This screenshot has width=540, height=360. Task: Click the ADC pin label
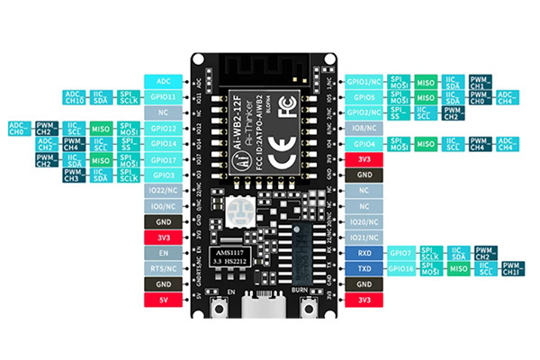[x=164, y=79]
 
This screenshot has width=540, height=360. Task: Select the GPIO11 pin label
[x=164, y=96]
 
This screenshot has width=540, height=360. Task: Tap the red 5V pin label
[x=164, y=299]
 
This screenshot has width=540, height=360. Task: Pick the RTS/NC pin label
[x=164, y=269]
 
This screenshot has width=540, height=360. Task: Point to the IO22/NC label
[x=164, y=191]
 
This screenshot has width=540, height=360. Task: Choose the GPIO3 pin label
[x=164, y=175]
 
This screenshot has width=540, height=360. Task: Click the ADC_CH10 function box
[x=76, y=96]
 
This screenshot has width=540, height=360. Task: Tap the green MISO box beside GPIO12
[x=103, y=130]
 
